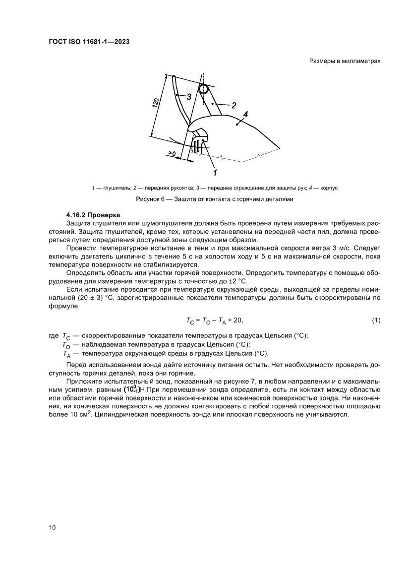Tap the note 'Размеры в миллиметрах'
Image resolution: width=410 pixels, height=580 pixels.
(345, 61)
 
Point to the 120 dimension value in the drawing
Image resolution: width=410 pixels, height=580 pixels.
(155, 103)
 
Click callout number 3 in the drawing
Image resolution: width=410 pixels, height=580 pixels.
(189, 97)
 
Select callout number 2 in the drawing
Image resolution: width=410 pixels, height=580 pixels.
(234, 105)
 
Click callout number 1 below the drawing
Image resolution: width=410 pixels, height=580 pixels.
(215, 173)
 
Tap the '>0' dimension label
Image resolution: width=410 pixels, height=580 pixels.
(172, 154)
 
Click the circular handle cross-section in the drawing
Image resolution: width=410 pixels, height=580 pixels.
(204, 89)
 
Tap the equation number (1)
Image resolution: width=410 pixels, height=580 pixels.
(376, 321)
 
